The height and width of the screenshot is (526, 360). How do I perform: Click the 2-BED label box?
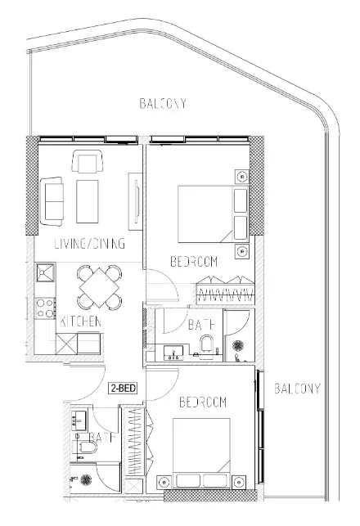(x=123, y=388)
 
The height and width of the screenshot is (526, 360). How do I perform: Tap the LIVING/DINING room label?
(x=90, y=244)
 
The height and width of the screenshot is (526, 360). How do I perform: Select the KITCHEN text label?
(x=80, y=321)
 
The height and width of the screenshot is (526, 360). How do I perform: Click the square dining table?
(x=99, y=287)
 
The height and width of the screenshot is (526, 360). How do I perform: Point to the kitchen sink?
(x=45, y=272)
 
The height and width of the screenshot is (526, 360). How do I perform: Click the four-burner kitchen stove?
(x=45, y=308)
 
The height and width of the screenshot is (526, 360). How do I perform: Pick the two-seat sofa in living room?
(x=52, y=201)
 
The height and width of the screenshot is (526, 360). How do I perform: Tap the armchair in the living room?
(x=88, y=161)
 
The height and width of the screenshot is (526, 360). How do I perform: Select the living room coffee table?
(x=88, y=201)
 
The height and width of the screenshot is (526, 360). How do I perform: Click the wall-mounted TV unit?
(x=136, y=201)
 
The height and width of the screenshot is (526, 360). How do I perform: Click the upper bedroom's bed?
(x=213, y=214)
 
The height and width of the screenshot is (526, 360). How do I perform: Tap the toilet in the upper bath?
(x=206, y=344)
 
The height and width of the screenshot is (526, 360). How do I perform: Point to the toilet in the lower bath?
(x=84, y=447)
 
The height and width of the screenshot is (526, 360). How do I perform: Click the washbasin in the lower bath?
(x=79, y=420)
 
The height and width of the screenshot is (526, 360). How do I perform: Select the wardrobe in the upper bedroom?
(x=225, y=290)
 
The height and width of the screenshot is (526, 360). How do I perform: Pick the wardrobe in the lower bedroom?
(x=137, y=441)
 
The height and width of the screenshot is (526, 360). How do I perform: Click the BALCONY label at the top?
(x=163, y=103)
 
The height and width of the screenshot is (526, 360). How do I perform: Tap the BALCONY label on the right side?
(x=297, y=389)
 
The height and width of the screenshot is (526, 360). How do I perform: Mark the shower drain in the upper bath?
(x=239, y=345)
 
